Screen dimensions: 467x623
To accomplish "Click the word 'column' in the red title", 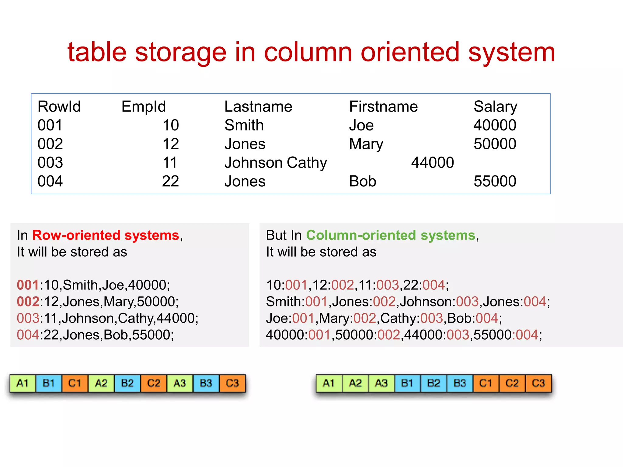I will tap(308, 52).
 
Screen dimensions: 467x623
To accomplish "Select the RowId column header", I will tap(59, 106).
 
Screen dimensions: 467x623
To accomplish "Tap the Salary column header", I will tap(495, 106).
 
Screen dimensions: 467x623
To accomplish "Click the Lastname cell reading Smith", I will tap(244, 125).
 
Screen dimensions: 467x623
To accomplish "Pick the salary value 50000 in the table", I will tap(495, 144).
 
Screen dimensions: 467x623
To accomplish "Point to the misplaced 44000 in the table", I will tap(432, 162).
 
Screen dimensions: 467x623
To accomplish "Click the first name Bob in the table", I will tap(362, 181).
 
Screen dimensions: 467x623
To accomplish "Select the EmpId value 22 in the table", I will tap(170, 181).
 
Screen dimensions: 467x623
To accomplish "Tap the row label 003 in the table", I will tap(50, 162).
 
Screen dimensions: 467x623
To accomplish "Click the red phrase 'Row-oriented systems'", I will tap(106, 235).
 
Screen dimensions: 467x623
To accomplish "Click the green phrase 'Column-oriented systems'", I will tap(391, 235).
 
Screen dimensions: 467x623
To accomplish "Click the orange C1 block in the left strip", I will tap(75, 383).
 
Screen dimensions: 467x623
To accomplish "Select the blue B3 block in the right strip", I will tap(460, 383).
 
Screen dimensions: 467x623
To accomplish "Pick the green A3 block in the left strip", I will tap(180, 383).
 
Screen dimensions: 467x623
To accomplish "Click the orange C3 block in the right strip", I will tap(538, 383).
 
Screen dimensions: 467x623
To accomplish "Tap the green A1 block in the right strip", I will tap(329, 383).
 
